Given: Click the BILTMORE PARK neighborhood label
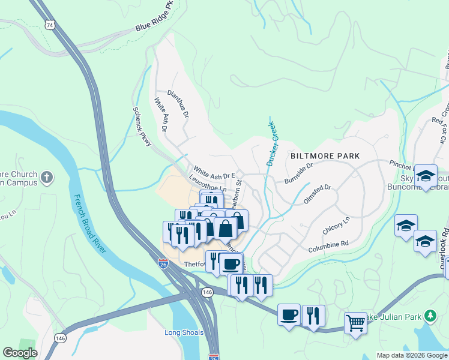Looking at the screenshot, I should pos(325,156).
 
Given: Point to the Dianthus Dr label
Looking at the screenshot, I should pos(178,104).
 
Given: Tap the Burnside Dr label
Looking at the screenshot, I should pos(299,173).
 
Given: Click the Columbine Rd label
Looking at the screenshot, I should pos(328,247).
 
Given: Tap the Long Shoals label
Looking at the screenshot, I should pos(184,332).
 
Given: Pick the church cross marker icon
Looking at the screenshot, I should pos(47,178).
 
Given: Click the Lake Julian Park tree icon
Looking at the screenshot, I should pos(430,316).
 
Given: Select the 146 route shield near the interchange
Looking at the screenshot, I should pos(208,292).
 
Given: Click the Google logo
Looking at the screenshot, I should pos(20,353).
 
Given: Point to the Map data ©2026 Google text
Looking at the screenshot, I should pos(411,355).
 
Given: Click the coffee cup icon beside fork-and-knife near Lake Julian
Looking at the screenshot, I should pos(289,314).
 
